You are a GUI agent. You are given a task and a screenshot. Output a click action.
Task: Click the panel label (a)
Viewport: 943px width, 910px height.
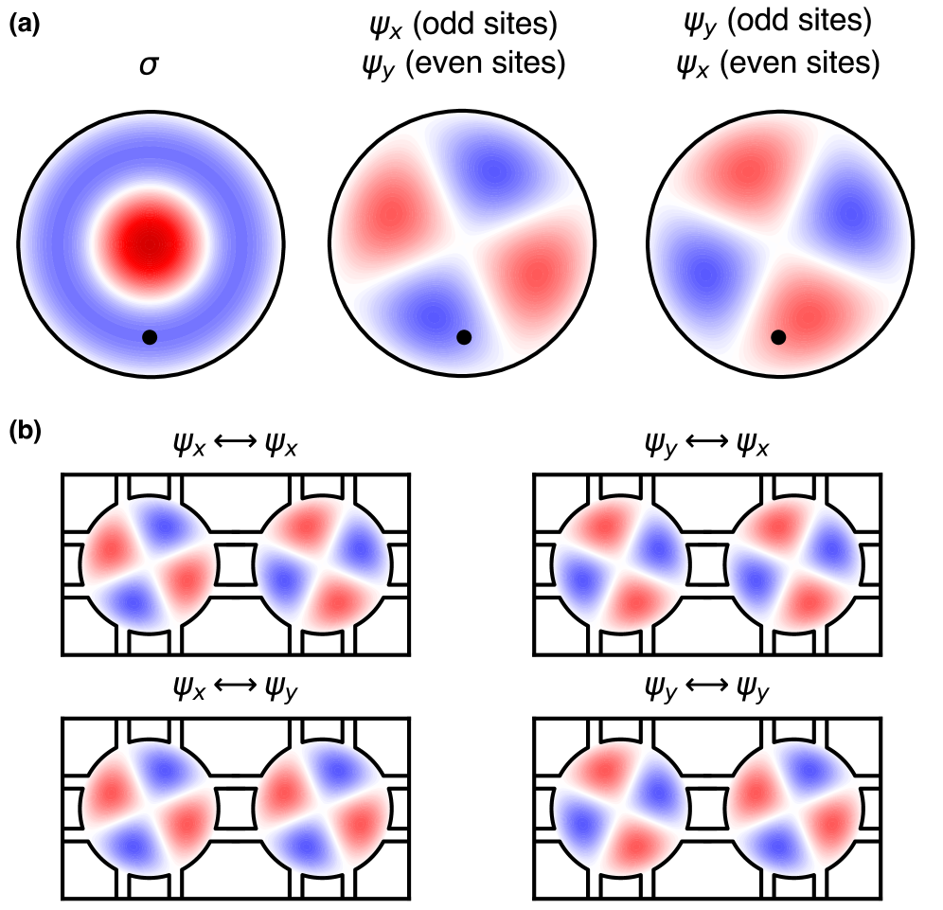[x=24, y=27]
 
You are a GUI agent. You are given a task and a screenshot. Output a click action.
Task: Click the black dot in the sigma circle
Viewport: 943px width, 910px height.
[x=149, y=337]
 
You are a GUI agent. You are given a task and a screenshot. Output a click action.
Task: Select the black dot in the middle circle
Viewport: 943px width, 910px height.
[x=463, y=337]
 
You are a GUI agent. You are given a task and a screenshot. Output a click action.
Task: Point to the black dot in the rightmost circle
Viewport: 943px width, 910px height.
[x=777, y=337]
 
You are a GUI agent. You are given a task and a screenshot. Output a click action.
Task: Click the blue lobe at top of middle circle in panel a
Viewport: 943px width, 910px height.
[x=493, y=170]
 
